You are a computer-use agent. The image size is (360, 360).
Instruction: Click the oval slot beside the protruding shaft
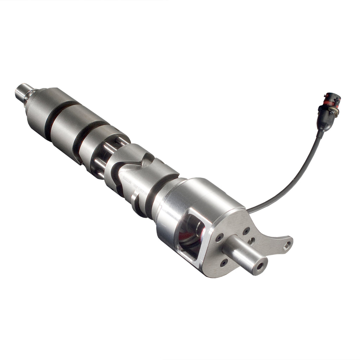252,241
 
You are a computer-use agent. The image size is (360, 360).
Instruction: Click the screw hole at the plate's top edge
246,230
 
